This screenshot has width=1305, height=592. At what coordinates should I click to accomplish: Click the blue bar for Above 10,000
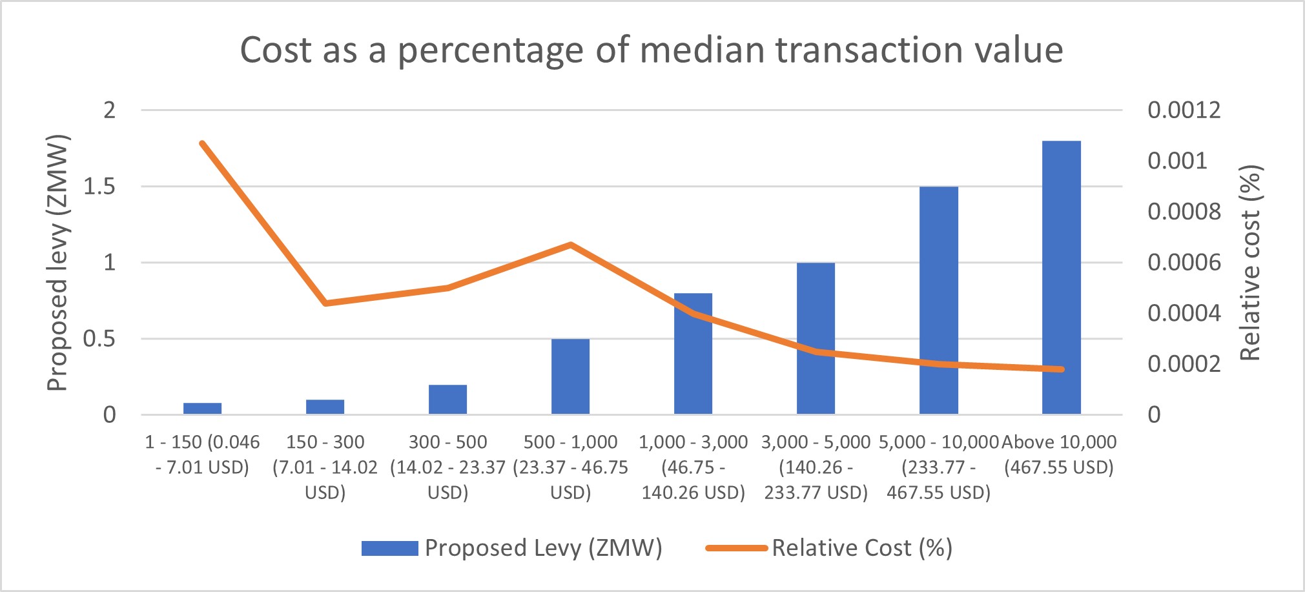pos(1061,278)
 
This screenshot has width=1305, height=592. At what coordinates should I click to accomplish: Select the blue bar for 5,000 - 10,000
pos(938,300)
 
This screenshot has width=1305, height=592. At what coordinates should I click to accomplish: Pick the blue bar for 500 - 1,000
pos(570,376)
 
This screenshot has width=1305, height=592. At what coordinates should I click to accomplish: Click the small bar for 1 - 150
pos(202,408)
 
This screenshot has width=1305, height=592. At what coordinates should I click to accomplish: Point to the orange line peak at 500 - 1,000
pos(571,245)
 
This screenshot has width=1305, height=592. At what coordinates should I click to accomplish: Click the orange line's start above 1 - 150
pos(202,143)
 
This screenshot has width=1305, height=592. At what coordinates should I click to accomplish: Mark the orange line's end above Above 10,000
pos(1061,369)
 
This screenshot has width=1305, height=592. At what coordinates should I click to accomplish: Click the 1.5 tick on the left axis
pos(99,187)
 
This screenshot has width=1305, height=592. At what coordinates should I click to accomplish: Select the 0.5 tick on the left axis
pos(99,339)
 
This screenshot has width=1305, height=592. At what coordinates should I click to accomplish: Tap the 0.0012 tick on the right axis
pos(1184,110)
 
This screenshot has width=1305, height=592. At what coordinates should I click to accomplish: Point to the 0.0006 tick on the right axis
pos(1184,263)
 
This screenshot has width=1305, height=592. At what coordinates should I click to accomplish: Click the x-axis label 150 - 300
pos(325,467)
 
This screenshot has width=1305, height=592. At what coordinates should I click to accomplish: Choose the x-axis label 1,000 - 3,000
pos(693,467)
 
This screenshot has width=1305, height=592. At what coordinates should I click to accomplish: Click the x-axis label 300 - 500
pos(447,467)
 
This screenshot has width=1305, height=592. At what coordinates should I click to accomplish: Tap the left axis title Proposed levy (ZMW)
pos(57,263)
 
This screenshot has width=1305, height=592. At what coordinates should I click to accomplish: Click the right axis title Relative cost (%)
pos(1251,263)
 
